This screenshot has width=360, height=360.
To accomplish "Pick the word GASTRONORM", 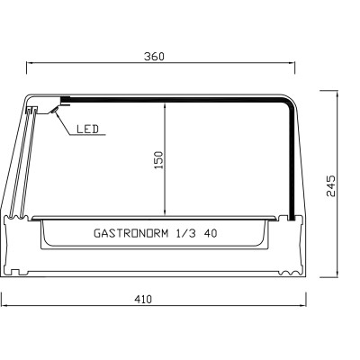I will pos(130,232).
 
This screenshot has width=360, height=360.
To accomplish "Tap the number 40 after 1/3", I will pos(210,232).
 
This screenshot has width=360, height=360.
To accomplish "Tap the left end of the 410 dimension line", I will pos(4,307).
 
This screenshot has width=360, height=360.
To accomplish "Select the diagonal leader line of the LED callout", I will pos(64,124).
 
